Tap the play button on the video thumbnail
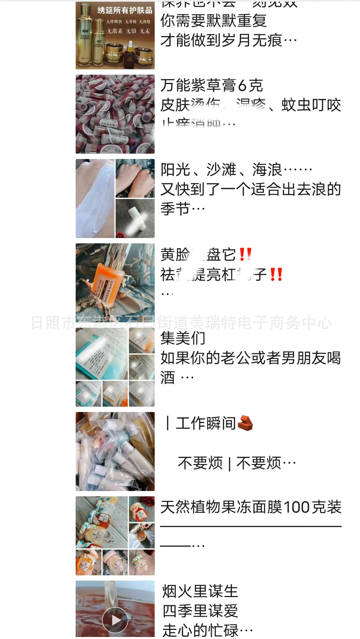(x=115, y=620)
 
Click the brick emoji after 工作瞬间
(x=246, y=423)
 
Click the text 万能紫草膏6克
(x=212, y=85)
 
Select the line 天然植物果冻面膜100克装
(x=251, y=507)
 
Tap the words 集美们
(x=183, y=338)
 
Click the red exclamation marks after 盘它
(x=245, y=255)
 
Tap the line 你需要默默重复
(x=213, y=21)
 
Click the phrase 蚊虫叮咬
(x=311, y=105)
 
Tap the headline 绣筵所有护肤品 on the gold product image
(x=125, y=10)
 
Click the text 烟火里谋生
(x=200, y=591)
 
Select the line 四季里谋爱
(x=200, y=611)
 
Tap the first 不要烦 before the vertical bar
(x=200, y=463)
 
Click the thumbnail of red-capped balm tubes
(x=115, y=114)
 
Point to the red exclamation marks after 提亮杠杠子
(x=276, y=275)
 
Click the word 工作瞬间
(x=206, y=423)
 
